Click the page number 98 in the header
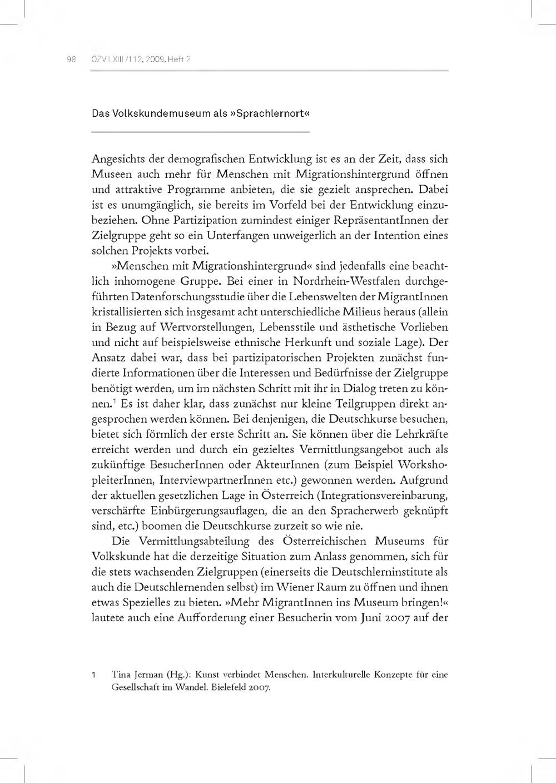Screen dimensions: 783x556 (x=71, y=60)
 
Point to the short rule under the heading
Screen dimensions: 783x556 (x=200, y=132)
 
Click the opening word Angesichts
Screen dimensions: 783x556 (x=117, y=159)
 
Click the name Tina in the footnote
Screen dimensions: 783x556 (x=120, y=676)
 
